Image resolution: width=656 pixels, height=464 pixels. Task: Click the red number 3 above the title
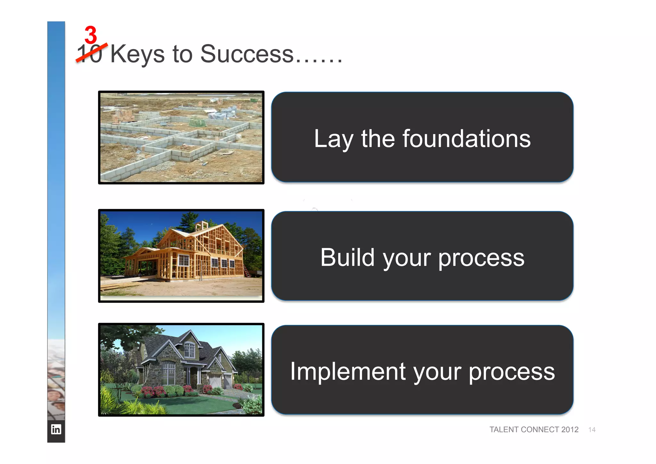[x=91, y=35]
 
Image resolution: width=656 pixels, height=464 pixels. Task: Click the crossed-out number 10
[x=90, y=54]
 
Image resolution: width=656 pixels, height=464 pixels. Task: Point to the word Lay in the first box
[x=333, y=139]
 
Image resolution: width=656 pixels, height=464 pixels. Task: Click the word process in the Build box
[x=481, y=258]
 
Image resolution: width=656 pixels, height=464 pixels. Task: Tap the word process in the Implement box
[x=512, y=372]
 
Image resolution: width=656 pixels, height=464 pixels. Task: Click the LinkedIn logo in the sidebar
[x=56, y=429]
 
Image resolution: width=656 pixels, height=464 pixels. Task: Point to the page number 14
[x=592, y=430]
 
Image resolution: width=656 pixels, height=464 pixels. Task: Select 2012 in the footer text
[x=570, y=430]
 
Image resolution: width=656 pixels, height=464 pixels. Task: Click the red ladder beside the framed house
[x=247, y=271]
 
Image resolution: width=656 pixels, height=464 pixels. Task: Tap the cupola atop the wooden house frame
[x=201, y=226]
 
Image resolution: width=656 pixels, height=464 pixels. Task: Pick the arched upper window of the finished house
[x=189, y=349]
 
